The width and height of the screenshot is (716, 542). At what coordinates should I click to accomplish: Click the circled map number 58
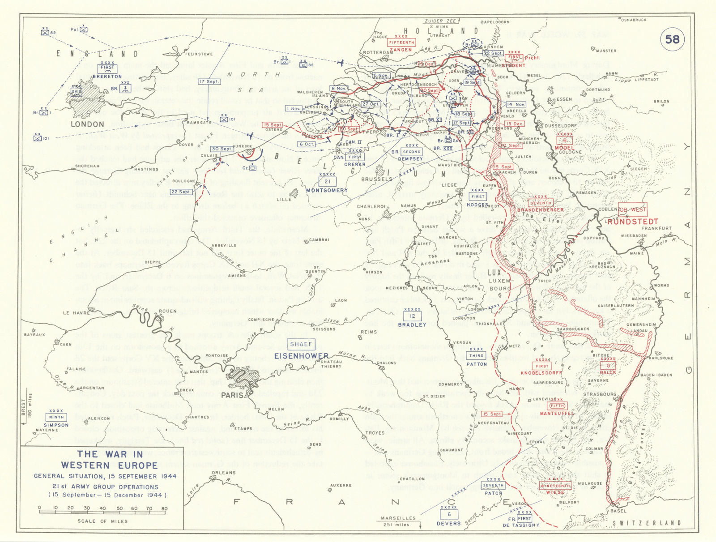pos(672,40)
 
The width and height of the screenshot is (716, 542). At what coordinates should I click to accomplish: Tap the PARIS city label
pos(232,395)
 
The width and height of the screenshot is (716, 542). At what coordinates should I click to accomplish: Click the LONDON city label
pos(88,124)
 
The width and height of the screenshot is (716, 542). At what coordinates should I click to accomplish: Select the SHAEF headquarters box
pos(301,344)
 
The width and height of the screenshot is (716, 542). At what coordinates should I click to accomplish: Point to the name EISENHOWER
pos(301,356)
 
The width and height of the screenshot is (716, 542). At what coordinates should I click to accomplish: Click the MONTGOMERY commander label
pos(327,190)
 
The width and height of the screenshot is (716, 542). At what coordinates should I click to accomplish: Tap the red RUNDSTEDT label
pos(633,222)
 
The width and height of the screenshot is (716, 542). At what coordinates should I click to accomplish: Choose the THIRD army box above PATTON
pos(476,356)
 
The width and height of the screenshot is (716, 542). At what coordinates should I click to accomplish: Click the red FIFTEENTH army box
pos(401,43)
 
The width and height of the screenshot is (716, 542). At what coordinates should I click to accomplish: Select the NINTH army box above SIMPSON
pos(56,417)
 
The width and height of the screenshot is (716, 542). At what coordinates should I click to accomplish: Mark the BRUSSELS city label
pos(376,179)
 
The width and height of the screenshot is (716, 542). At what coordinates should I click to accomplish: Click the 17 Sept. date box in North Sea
pos(209,81)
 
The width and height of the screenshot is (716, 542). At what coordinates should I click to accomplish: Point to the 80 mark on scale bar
pos(165,508)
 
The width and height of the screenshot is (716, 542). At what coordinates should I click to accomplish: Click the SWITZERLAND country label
pos(647,523)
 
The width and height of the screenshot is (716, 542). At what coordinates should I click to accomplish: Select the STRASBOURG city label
pos(600,394)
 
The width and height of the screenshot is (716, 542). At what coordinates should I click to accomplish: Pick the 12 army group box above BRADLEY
pos(412,316)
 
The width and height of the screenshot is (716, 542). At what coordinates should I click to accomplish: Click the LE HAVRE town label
pos(72,313)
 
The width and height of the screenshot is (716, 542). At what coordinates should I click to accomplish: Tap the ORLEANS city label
pos(223,473)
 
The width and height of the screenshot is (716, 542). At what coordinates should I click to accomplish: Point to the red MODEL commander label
pos(564,148)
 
